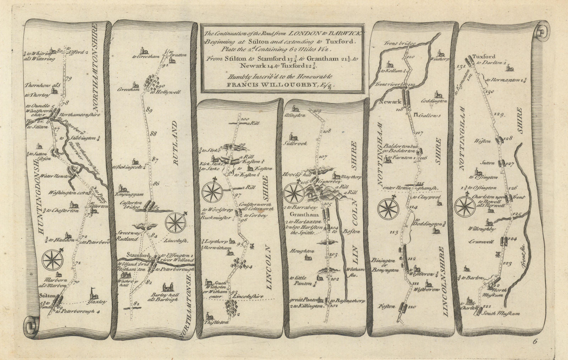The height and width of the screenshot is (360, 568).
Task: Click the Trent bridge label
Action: (x=394, y=43)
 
